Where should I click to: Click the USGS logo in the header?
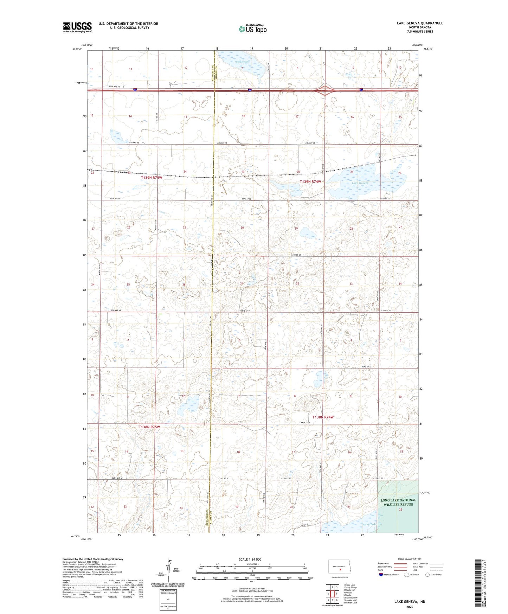tap(77, 27)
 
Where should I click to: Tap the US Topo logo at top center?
tap(252, 29)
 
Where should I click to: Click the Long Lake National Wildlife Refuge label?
tap(398, 502)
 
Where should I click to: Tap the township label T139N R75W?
tap(152, 178)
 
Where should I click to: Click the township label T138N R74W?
tap(323, 417)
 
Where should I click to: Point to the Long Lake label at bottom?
tap(369, 524)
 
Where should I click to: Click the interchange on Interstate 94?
tap(324, 91)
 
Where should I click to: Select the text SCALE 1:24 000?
tap(250, 559)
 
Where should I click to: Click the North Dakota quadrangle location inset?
tap(340, 567)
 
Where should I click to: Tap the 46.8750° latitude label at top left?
tap(77, 49)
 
